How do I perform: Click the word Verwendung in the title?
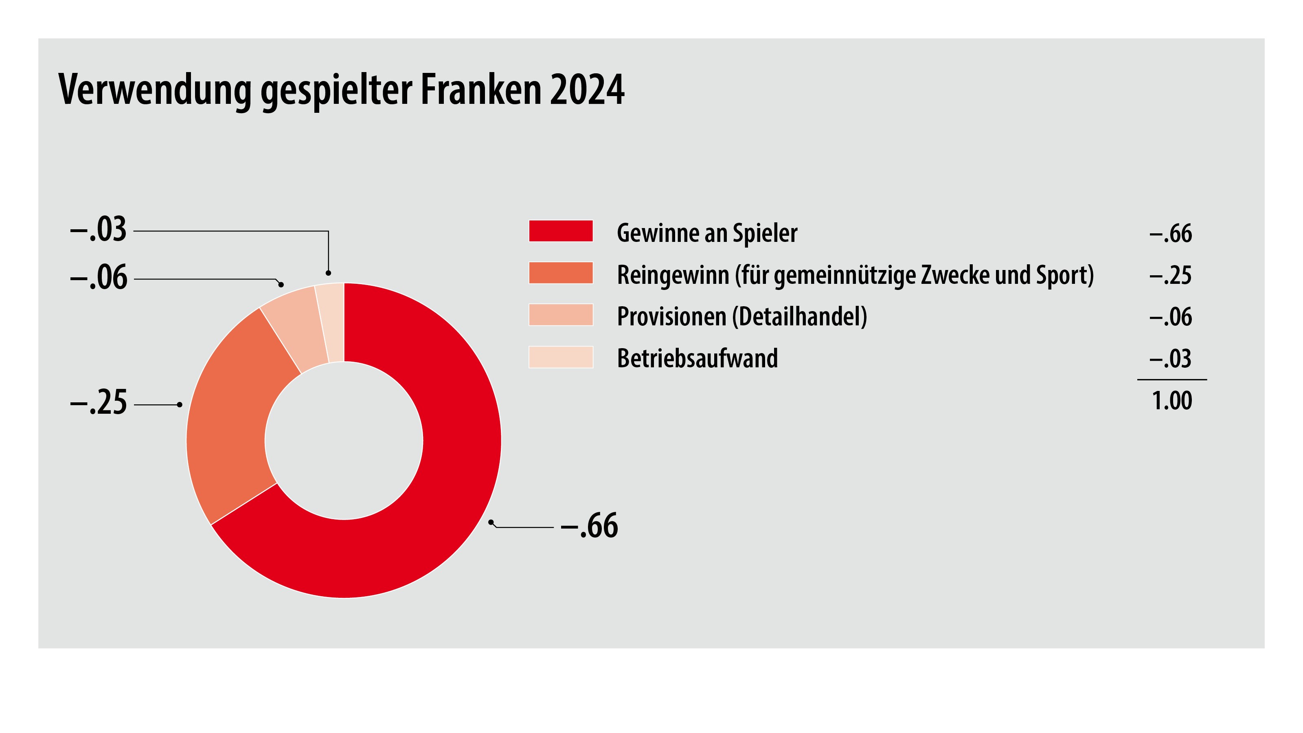pyautogui.click(x=154, y=90)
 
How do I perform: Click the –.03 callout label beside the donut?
pyautogui.click(x=98, y=230)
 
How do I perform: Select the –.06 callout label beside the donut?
pyautogui.click(x=98, y=278)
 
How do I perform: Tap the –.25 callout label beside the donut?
pyautogui.click(x=98, y=403)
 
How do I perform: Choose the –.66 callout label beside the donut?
pyautogui.click(x=589, y=526)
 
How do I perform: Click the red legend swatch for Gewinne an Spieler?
pyautogui.click(x=560, y=231)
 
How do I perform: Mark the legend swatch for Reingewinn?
pyautogui.click(x=560, y=273)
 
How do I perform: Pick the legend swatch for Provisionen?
pyautogui.click(x=560, y=315)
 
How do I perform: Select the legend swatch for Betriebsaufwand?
pyautogui.click(x=560, y=357)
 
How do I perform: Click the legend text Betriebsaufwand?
pyautogui.click(x=697, y=358)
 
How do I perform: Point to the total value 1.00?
pyautogui.click(x=1171, y=401)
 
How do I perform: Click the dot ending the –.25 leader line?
pyautogui.click(x=180, y=405)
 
